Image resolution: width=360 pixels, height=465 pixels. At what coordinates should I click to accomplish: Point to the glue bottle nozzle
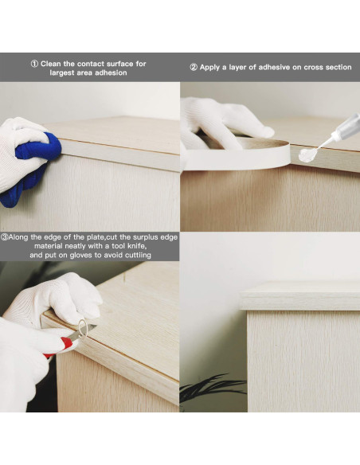[x=326, y=143]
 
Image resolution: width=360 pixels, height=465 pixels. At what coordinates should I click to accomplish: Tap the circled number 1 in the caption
[x=34, y=64]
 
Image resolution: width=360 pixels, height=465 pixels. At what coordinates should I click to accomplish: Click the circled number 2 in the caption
[x=194, y=68]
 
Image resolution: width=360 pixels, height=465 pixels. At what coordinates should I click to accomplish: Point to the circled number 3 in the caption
[x=4, y=237]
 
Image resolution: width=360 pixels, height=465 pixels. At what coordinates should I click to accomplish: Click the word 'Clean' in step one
[x=51, y=64]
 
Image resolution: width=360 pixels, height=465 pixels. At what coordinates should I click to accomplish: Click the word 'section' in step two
[x=338, y=68]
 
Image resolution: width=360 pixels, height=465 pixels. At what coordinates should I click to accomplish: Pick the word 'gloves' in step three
[x=80, y=255]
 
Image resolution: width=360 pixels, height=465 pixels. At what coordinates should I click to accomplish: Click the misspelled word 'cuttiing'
[x=137, y=255]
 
